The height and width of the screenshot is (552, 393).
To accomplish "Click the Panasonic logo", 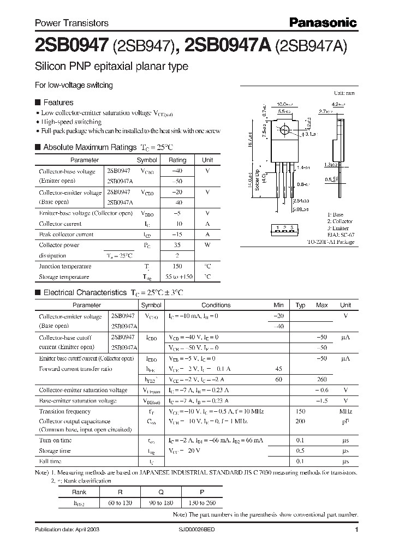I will click(x=323, y=22).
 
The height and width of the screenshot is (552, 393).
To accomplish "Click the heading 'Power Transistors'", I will click(x=72, y=23).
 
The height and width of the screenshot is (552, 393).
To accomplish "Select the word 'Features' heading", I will click(x=58, y=103).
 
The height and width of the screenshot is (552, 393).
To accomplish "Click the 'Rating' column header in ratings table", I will click(x=177, y=160).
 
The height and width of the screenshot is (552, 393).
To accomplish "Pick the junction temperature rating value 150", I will click(x=177, y=266).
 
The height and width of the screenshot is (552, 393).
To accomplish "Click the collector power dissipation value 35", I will click(x=177, y=245).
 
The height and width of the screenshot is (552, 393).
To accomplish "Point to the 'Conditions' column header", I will click(x=216, y=305).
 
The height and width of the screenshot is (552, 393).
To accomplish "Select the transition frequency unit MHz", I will click(x=345, y=412).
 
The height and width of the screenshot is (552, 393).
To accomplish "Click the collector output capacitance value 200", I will click(x=300, y=422).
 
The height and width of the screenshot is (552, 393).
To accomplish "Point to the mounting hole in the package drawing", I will click(x=283, y=131).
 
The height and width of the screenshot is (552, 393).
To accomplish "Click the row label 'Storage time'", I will click(x=55, y=451).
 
